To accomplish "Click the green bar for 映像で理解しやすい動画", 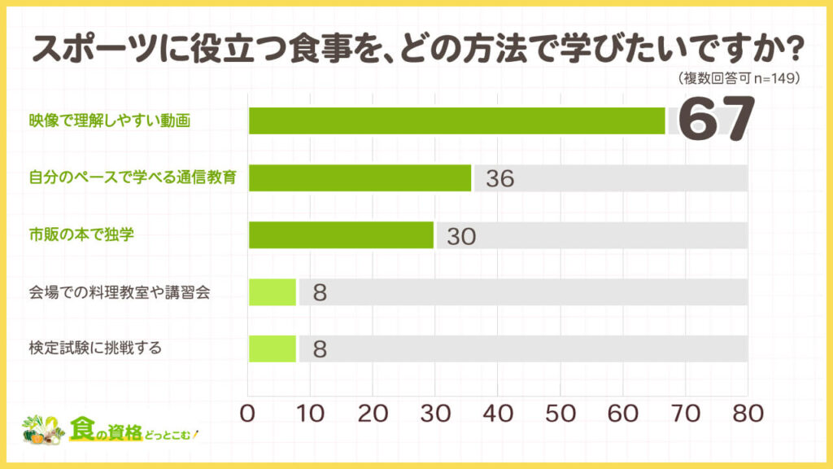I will pos(456,121).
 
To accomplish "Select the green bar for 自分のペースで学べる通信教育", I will pos(360,178).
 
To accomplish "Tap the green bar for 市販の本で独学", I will pos(341,234).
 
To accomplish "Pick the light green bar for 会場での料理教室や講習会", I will pos(273,291).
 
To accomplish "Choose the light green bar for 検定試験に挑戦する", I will pos(273,348).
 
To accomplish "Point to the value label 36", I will pos(499,178).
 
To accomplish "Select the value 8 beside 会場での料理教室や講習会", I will pos(320,292).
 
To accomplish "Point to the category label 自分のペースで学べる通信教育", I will pos(132,178).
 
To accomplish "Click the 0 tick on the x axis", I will pos(249,414).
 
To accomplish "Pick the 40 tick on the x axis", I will pos(498,414).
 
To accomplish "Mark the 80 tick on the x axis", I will pos(747,414).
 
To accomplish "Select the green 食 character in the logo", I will pos(82,428).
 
